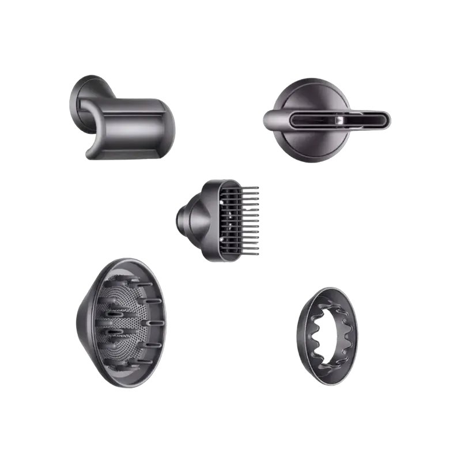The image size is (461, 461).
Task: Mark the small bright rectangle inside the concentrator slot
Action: click(x=341, y=119)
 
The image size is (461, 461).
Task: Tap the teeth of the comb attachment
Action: click(x=254, y=219)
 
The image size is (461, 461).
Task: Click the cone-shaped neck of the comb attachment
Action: click(x=190, y=219)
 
